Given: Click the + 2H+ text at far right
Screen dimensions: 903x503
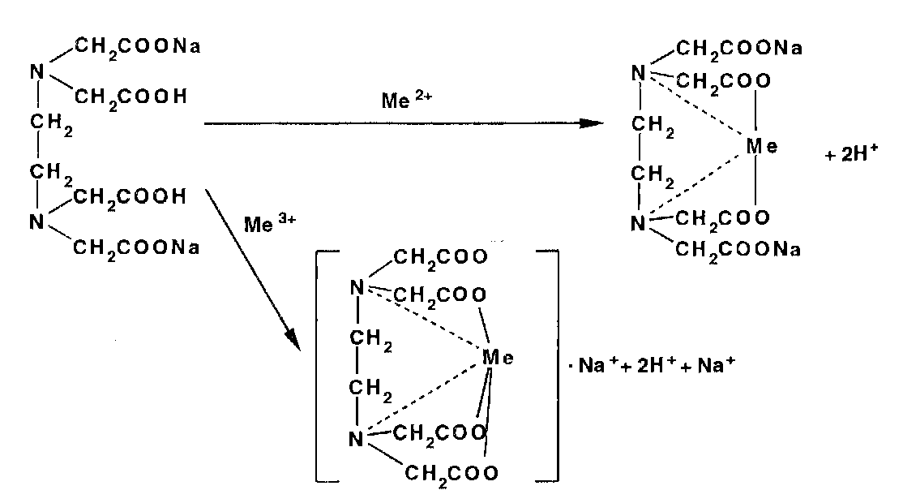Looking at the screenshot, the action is (x=851, y=155).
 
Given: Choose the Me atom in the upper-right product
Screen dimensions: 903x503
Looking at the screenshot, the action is (x=762, y=147).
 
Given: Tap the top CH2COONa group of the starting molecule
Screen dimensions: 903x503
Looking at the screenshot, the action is (x=138, y=46).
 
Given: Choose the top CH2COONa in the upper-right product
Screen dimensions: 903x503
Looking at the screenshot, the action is (x=738, y=49).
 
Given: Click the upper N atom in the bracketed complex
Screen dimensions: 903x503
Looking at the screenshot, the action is (x=355, y=286).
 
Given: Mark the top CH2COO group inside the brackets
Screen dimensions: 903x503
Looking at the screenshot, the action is (x=441, y=258).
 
